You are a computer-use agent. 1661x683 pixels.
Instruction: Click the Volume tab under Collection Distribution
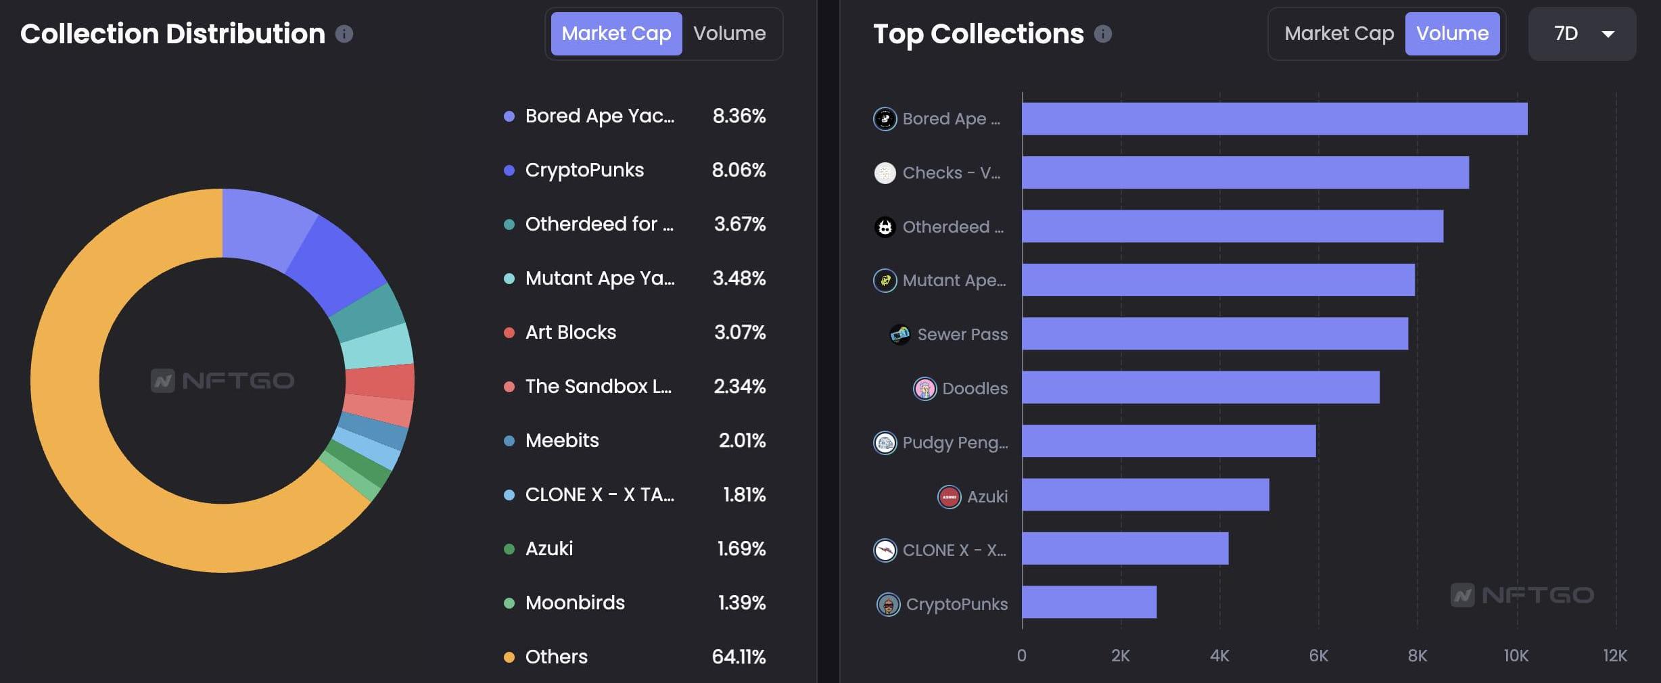pos(729,34)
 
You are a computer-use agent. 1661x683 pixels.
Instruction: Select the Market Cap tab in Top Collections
pos(1338,34)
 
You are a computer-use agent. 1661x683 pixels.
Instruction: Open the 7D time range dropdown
pos(1582,34)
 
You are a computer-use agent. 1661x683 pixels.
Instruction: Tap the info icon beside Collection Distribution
pos(344,34)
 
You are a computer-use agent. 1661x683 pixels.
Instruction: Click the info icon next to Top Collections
pos(1102,34)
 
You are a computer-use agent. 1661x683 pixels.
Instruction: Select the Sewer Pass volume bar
pos(1215,333)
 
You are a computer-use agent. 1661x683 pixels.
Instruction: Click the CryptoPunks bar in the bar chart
pos(1089,602)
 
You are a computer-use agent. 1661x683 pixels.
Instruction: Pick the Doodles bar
pos(1200,387)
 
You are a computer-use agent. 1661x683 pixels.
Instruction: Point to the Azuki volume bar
pos(1145,495)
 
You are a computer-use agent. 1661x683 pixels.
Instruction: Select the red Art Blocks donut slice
pos(379,381)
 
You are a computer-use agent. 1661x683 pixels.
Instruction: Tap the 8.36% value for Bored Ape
pos(739,116)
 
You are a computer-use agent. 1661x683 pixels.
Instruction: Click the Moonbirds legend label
pos(575,603)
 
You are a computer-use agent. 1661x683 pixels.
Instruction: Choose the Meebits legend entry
pos(561,440)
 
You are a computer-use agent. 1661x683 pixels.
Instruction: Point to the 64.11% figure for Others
pos(739,657)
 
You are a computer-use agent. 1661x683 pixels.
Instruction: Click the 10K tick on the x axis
pos(1516,655)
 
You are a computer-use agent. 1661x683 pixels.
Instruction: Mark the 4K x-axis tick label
pos(1219,655)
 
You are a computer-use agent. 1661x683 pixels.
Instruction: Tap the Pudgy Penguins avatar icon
pos(885,443)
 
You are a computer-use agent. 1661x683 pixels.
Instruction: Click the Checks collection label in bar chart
pos(951,173)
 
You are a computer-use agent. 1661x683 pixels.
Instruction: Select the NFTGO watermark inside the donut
pos(223,381)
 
